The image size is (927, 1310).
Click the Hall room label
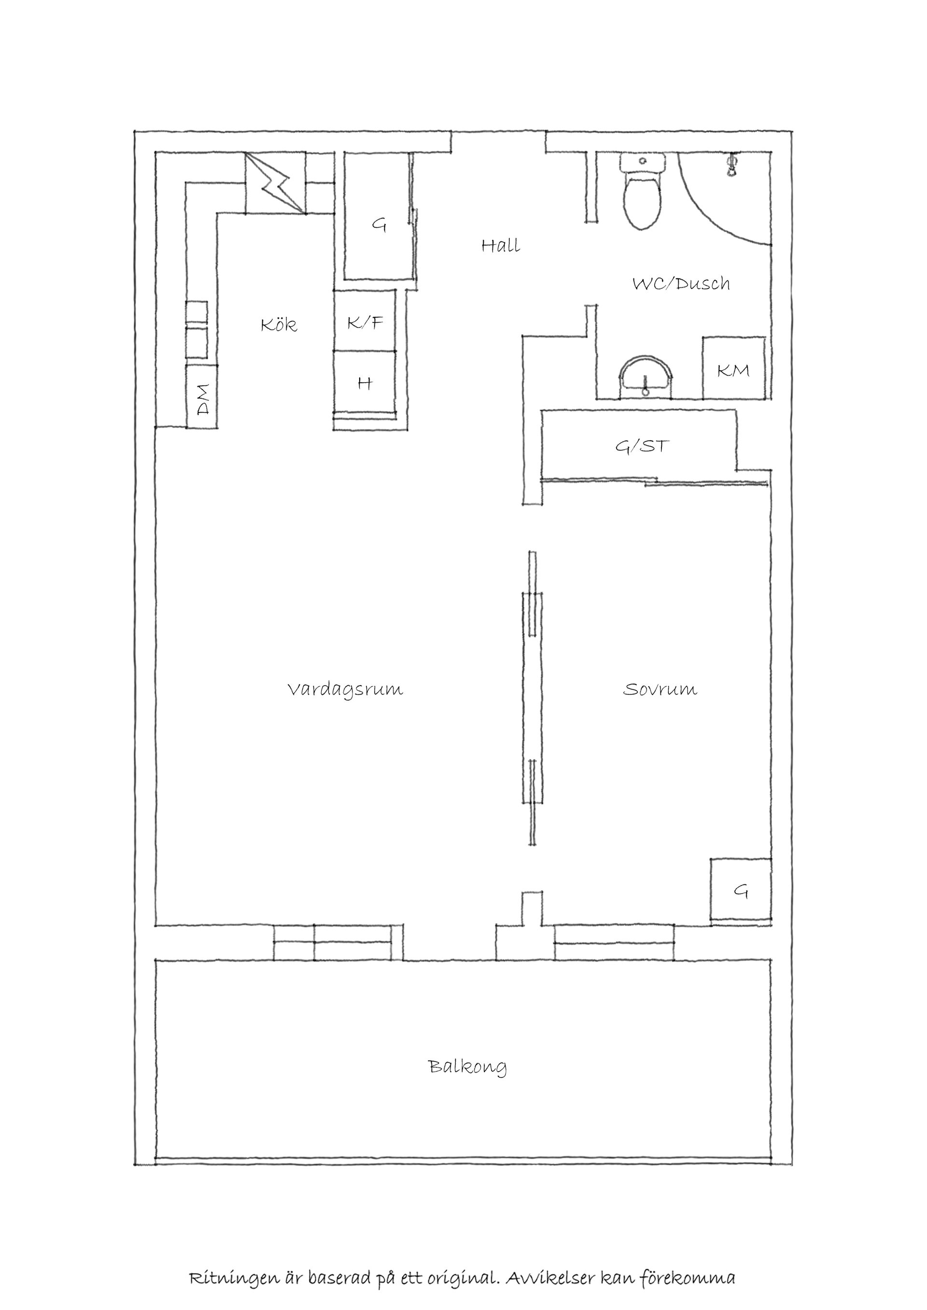501,246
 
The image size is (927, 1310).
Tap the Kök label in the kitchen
279,325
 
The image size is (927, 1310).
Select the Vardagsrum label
345,690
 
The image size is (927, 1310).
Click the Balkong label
467,1066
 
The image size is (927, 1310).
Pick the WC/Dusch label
681,284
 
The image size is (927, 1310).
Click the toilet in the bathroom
643,191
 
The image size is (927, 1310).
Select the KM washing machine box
733,368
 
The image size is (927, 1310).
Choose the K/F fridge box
365,321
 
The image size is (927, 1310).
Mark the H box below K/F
365,381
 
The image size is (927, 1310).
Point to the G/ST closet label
642,446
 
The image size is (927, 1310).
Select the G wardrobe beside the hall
379,216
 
